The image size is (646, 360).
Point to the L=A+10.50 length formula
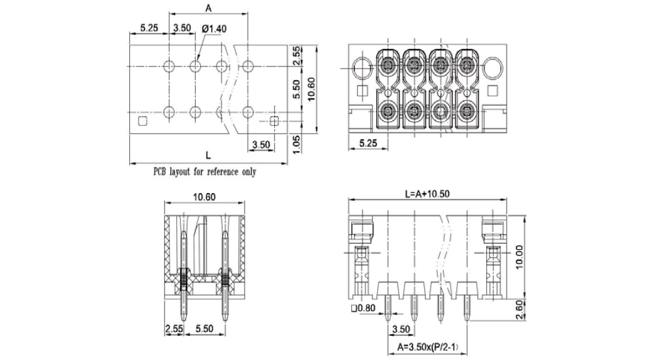pos(428,193)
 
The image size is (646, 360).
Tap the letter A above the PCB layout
pos(209,8)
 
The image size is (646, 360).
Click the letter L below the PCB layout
pos(208,155)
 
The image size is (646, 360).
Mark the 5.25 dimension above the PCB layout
pos(149,28)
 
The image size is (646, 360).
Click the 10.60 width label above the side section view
pos(204,197)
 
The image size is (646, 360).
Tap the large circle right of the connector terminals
pos(493,67)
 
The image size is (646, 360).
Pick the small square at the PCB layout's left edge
pos(143,121)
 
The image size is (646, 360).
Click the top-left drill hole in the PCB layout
pos(169,66)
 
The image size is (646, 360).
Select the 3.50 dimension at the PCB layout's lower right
pos(260,144)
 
